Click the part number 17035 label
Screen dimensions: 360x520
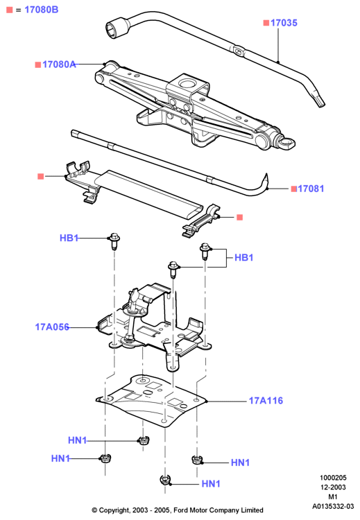click(x=284, y=23)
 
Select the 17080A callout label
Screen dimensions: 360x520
click(x=59, y=64)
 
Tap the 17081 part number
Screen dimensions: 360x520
click(x=311, y=189)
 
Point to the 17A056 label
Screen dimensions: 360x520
click(x=52, y=327)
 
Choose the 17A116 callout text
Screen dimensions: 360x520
click(x=266, y=401)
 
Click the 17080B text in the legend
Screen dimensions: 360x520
click(x=42, y=10)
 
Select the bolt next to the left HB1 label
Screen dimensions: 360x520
click(x=114, y=241)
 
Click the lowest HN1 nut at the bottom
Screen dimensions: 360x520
click(x=164, y=480)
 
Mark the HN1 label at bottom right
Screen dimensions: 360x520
click(x=240, y=462)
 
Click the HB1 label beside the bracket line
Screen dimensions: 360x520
click(x=244, y=258)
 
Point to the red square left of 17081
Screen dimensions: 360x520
click(x=293, y=189)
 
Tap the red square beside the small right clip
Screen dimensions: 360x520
click(x=239, y=217)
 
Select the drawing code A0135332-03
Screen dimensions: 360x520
click(x=333, y=506)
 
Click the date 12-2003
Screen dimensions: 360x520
click(x=333, y=487)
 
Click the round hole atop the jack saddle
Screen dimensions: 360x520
click(x=187, y=83)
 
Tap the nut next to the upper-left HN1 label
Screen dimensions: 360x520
click(x=144, y=440)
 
